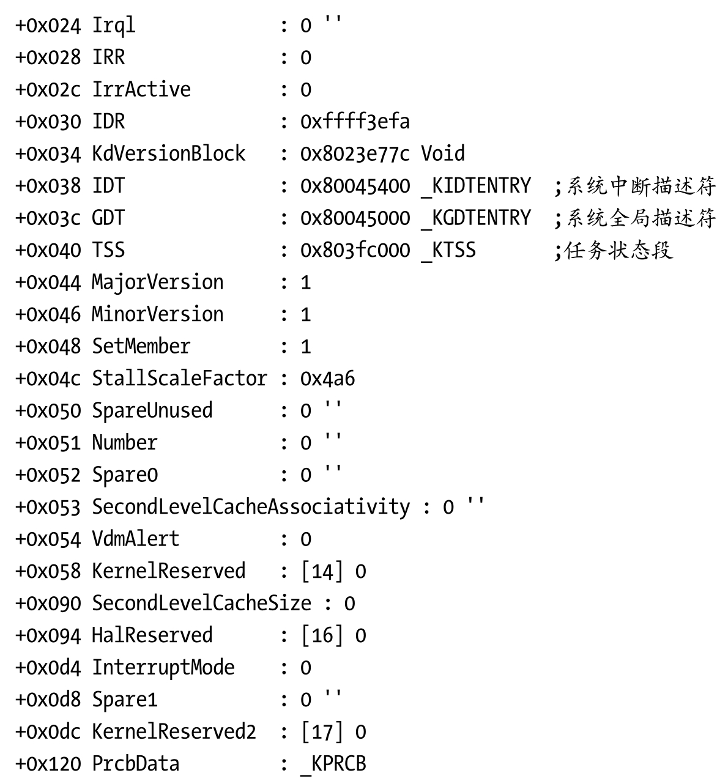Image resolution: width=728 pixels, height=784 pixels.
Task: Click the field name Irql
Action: click(113, 26)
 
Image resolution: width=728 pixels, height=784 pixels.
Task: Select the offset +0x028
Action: click(48, 57)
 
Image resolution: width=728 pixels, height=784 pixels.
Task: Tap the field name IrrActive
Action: click(141, 90)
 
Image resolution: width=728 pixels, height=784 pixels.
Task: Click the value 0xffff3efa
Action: click(355, 122)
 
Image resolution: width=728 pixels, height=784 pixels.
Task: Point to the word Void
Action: click(442, 153)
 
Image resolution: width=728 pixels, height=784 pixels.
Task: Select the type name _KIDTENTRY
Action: click(476, 186)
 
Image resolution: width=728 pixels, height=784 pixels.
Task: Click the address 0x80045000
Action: click(355, 218)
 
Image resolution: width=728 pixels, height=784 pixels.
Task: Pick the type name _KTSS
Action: click(448, 250)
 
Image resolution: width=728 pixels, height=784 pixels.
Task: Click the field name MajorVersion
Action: click(158, 283)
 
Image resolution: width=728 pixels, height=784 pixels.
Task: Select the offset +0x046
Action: click(48, 314)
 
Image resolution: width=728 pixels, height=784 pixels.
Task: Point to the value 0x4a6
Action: click(327, 379)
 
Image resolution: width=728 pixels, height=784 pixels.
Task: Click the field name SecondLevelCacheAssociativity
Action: click(251, 507)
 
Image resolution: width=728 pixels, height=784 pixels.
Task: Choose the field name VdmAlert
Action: click(136, 539)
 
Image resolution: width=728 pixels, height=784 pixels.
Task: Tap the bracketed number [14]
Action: click(322, 571)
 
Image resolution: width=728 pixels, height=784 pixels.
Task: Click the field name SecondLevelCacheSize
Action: click(201, 604)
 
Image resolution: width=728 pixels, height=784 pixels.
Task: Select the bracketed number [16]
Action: click(322, 635)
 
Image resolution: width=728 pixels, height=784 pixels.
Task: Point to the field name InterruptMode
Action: click(163, 667)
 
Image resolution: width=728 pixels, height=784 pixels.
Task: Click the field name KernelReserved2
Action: click(174, 731)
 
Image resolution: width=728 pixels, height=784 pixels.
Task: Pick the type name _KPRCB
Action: click(333, 764)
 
